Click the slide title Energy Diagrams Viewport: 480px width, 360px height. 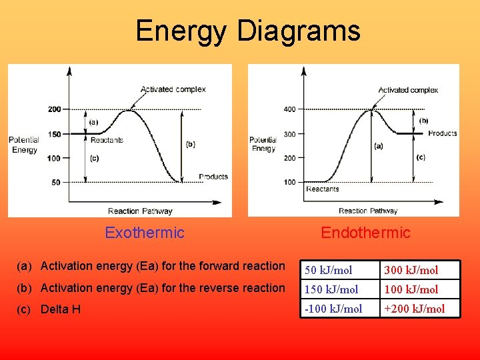tap(247, 31)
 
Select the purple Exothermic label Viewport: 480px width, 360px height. tap(145, 233)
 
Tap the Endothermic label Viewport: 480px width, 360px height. tap(365, 233)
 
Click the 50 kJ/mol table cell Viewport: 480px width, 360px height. tap(329, 270)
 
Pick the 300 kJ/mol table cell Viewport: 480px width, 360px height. tap(411, 270)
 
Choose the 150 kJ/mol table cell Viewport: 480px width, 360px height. tap(331, 289)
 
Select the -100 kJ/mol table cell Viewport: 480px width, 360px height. tap(333, 309)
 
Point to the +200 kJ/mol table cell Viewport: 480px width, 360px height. tap(414, 309)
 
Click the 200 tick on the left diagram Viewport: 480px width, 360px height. tap(54, 109)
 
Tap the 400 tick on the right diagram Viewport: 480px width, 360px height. tap(289, 109)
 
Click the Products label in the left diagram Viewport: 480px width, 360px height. tap(213, 177)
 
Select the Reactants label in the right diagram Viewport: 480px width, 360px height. tap(323, 189)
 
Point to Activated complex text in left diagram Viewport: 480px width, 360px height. tap(173, 89)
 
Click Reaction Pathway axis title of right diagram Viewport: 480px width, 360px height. tap(368, 211)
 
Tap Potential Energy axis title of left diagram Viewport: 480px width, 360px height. tap(24, 145)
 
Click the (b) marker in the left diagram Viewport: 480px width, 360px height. tap(191, 144)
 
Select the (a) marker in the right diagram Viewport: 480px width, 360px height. tap(379, 146)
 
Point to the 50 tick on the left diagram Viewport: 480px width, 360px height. tap(55, 182)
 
